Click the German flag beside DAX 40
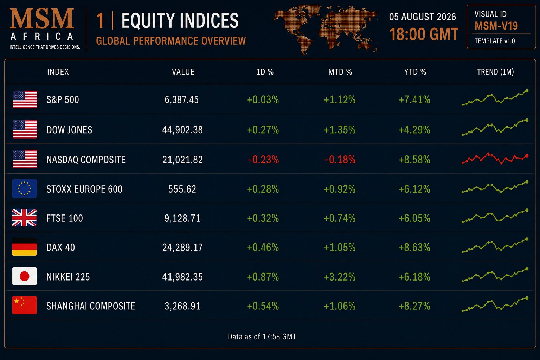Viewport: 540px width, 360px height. point(24,247)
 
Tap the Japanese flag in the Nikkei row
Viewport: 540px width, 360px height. point(24,276)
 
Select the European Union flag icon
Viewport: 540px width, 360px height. point(24,188)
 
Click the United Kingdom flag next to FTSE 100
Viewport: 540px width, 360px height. point(24,218)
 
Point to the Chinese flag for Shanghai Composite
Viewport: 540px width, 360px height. point(24,305)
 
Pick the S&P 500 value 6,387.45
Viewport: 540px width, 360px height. point(181,99)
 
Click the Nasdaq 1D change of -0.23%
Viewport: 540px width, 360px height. point(263,160)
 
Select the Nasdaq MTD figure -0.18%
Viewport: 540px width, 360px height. point(340,160)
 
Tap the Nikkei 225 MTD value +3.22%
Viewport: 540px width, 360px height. point(340,277)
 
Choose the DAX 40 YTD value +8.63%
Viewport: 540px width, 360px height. point(414,247)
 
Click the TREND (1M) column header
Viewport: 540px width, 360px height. point(495,72)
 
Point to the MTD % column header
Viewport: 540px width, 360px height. point(340,72)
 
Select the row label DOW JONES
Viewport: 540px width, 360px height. point(69,130)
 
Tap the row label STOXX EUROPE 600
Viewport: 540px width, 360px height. point(84,189)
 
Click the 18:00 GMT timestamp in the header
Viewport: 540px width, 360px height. point(424,34)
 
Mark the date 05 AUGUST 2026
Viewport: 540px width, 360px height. point(423,17)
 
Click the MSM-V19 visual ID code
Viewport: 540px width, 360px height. point(496,26)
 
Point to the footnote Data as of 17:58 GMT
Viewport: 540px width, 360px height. point(262,336)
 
